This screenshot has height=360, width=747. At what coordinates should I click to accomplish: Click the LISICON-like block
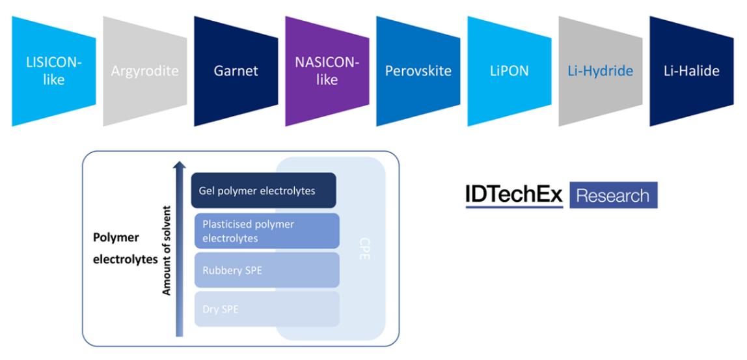pyautogui.click(x=53, y=72)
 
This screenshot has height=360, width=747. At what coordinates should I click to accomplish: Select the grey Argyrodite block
pyautogui.click(x=144, y=71)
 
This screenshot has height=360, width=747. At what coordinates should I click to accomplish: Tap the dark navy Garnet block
pyautogui.click(x=236, y=71)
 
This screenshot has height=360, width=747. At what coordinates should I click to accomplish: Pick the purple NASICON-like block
pyautogui.click(x=327, y=72)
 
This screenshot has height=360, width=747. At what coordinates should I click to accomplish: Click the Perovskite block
pyautogui.click(x=418, y=71)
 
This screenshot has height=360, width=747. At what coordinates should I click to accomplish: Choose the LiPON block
pyautogui.click(x=509, y=71)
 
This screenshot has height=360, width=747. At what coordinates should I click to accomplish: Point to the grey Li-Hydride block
pyautogui.click(x=600, y=71)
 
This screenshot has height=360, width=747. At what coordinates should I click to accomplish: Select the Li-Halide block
pyautogui.click(x=691, y=71)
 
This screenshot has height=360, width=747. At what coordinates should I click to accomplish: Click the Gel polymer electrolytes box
pyautogui.click(x=264, y=191)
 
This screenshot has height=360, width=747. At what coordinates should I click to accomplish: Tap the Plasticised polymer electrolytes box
pyautogui.click(x=267, y=231)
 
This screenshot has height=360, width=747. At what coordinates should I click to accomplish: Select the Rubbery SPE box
pyautogui.click(x=267, y=270)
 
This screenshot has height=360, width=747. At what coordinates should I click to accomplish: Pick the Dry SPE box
pyautogui.click(x=267, y=309)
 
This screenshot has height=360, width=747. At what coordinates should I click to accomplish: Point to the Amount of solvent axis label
pyautogui.click(x=167, y=251)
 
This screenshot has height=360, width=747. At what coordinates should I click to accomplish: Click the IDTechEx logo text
pyautogui.click(x=513, y=195)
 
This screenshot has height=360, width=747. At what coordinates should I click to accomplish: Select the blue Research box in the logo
pyautogui.click(x=613, y=195)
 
